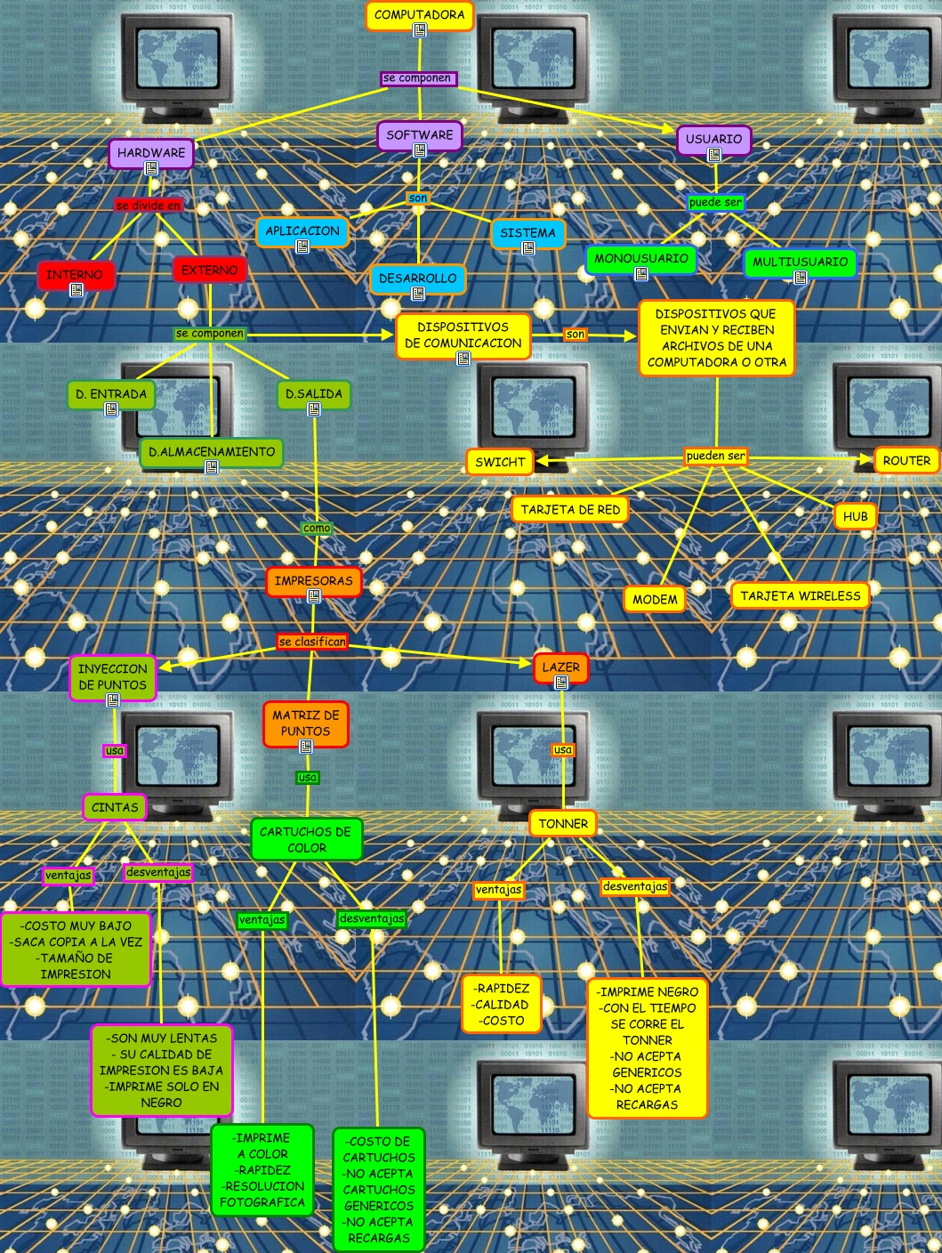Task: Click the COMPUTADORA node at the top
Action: point(419,15)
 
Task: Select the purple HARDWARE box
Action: point(151,153)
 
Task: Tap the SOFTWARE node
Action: point(419,135)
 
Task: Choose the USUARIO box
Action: point(713,139)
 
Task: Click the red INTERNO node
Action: point(76,275)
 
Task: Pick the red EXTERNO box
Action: point(209,270)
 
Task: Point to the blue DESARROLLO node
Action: point(417,279)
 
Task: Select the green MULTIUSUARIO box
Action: point(800,262)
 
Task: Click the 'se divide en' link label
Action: point(149,206)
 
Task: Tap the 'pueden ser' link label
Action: point(716,457)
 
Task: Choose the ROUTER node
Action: point(906,461)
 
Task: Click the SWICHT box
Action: point(500,462)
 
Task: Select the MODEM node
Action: point(655,600)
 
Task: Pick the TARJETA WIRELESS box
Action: point(801,596)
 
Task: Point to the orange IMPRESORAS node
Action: point(313,581)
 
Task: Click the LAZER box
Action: point(560,667)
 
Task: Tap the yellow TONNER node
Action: point(563,824)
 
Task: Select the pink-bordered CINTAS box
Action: point(115,808)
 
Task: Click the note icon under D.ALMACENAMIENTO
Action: point(212,467)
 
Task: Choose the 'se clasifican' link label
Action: point(312,642)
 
